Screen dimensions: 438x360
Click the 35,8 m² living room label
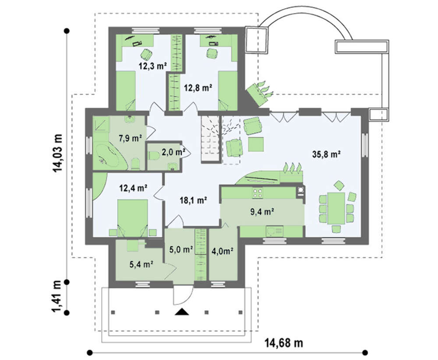(326, 154)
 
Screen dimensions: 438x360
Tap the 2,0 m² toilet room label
(173, 152)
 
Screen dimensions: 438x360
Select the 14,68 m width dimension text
(283, 342)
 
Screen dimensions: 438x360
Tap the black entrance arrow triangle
(182, 312)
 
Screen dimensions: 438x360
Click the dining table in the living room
(336, 208)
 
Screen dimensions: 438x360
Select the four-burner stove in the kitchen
(258, 193)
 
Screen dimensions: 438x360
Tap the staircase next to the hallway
(211, 139)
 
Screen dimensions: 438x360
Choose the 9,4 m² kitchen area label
(261, 212)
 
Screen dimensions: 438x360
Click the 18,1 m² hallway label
(193, 200)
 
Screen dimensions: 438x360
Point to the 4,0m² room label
(223, 251)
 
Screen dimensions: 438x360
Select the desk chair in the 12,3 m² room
(146, 54)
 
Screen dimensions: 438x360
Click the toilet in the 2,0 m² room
(152, 155)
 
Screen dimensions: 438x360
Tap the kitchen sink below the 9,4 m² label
(274, 231)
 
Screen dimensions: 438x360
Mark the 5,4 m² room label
(141, 264)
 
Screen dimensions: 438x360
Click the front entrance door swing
(183, 295)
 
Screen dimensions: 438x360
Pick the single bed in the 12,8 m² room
(227, 91)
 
